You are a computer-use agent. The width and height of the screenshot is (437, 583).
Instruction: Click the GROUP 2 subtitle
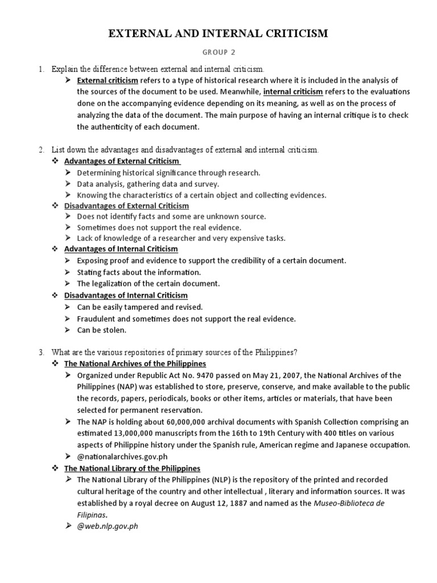point(218,53)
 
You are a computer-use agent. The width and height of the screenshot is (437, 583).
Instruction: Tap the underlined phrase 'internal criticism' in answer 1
point(293,92)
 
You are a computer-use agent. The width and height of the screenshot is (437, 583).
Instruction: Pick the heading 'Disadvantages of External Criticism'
point(126,206)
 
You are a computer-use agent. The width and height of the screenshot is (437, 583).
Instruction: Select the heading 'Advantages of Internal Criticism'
point(121,249)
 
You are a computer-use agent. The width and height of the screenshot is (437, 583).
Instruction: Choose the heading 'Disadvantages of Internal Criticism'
point(126,295)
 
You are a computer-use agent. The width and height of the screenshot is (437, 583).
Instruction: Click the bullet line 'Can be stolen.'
point(102,330)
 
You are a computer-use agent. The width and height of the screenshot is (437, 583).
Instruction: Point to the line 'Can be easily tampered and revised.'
point(139,307)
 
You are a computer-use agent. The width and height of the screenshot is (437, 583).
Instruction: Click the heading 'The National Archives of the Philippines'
point(135,363)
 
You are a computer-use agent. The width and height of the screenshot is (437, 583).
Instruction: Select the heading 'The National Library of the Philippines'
point(132,469)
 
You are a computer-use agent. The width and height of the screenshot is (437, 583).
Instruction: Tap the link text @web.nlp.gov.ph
point(108,527)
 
